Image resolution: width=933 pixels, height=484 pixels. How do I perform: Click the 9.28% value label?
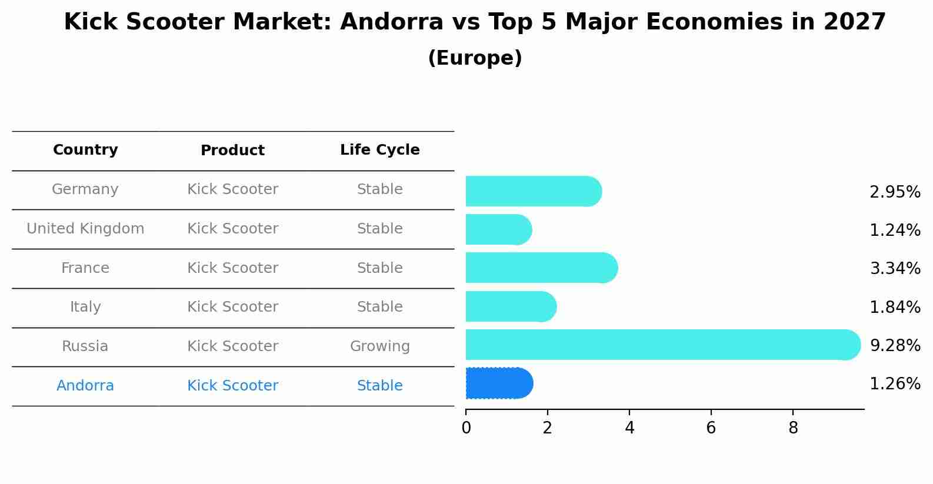click(895, 345)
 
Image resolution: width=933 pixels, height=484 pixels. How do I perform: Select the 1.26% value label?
click(895, 384)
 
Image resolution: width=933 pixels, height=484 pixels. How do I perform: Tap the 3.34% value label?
click(895, 269)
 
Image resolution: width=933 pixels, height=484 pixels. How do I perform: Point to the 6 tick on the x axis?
click(711, 428)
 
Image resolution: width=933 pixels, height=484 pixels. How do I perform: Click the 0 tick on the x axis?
click(466, 428)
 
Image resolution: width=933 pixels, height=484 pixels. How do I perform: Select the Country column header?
click(85, 150)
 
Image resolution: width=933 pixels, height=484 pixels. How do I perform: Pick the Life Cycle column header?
click(379, 150)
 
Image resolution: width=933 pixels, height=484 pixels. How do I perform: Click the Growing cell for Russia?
click(379, 346)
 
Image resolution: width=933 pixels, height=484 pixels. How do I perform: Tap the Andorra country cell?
click(85, 386)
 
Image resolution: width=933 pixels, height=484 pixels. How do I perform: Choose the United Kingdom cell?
click(85, 229)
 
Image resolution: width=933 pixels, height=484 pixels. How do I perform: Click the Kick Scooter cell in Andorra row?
click(232, 386)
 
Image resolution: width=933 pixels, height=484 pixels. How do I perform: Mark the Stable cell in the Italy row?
click(379, 307)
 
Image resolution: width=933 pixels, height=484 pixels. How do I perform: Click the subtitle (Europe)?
click(475, 58)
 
